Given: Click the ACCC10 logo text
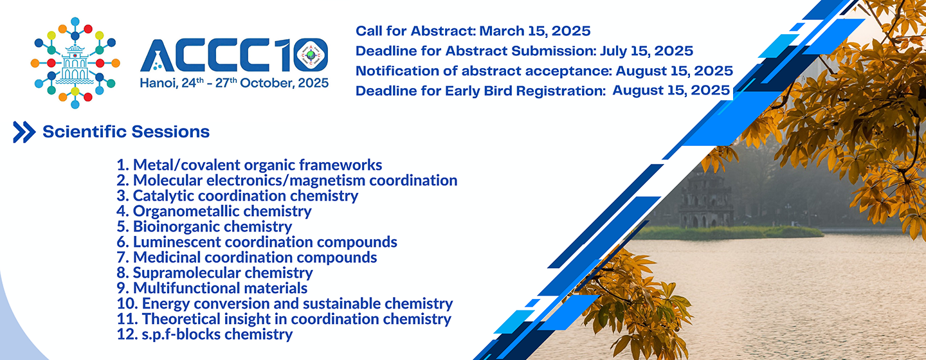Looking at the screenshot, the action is [x=234, y=55].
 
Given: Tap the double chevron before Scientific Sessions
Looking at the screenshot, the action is [x=24, y=132].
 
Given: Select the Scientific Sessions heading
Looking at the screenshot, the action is [x=126, y=132].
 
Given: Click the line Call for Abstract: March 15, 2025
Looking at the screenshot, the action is [x=473, y=31].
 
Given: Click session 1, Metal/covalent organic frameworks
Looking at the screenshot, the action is [x=250, y=165].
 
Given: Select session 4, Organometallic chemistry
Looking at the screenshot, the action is [x=213, y=212].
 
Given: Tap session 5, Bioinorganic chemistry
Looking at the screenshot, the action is [x=204, y=226].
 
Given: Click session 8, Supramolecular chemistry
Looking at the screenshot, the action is [x=215, y=273].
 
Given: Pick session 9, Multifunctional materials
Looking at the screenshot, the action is [x=212, y=288].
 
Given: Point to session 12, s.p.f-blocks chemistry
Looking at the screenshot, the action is [x=204, y=334].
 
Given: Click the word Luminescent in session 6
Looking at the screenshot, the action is [x=176, y=242].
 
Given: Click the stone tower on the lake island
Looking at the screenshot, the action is [x=706, y=203].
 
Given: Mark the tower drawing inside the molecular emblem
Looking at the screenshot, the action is [x=75, y=63].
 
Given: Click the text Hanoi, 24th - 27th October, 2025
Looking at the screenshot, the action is [x=234, y=83].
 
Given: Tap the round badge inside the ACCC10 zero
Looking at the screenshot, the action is [x=311, y=55].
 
